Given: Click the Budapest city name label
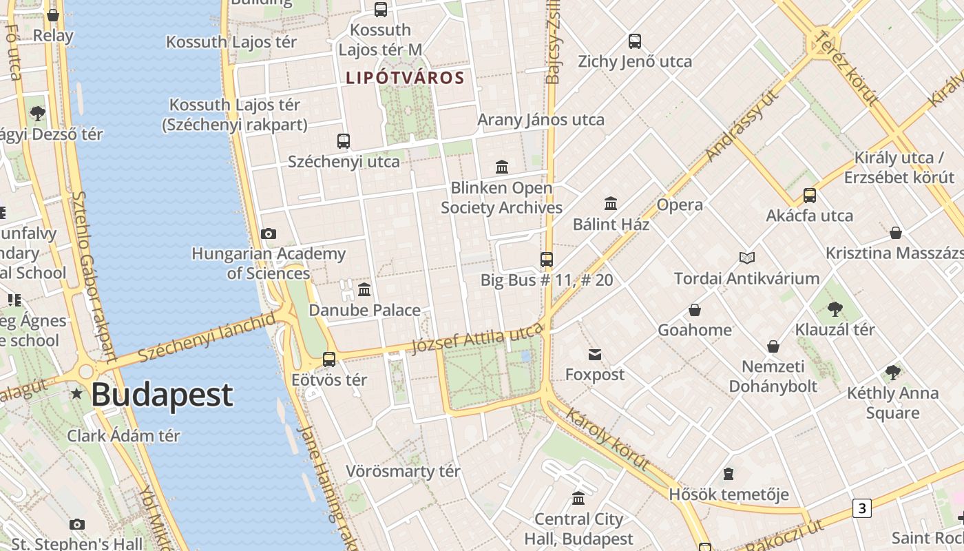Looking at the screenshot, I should [162, 395].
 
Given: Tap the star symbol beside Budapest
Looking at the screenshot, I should [76, 394].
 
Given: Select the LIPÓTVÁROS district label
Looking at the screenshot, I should [405, 78].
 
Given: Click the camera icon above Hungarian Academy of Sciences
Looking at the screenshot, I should [269, 234].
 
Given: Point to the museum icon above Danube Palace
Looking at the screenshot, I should [364, 289].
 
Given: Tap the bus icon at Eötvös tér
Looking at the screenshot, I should [329, 360].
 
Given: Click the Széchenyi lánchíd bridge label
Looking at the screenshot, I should [207, 337].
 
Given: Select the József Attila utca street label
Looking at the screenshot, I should [476, 339].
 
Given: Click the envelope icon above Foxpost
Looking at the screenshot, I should [595, 355].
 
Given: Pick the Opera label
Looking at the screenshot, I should [680, 205].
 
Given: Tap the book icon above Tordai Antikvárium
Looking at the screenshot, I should [747, 258].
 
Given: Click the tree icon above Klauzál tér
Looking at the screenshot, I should [835, 309].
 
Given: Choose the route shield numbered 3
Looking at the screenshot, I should [861, 508].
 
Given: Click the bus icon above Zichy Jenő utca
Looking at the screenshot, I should [635, 41].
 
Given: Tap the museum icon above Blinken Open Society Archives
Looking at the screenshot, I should [502, 167].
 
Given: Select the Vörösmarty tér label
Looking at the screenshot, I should [403, 472].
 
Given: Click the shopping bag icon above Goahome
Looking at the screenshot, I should [695, 310].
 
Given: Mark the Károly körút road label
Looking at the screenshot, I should [608, 438].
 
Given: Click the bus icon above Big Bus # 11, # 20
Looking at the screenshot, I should [547, 260].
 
